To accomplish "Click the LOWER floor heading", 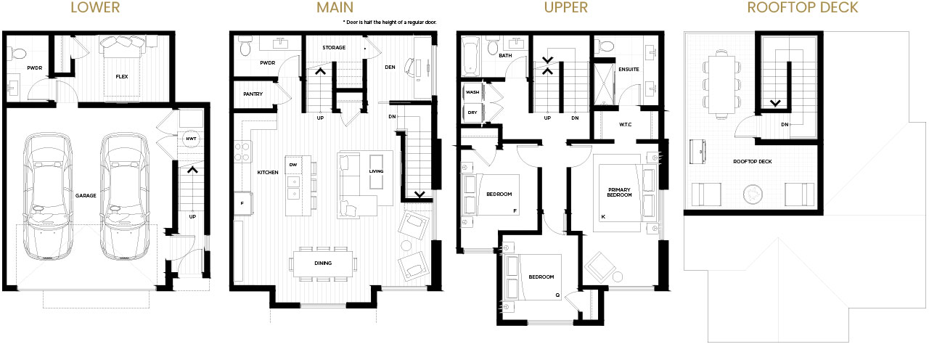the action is tap(95, 7).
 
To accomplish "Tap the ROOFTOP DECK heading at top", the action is tap(803, 7).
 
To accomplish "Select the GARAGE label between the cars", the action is tap(86, 196).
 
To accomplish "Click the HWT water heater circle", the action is tap(191, 139).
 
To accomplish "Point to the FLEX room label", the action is tap(122, 77).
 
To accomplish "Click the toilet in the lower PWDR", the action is tap(18, 53).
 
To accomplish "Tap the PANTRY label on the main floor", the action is tap(253, 94).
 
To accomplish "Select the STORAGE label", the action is tap(334, 48).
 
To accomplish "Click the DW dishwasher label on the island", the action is tap(293, 165).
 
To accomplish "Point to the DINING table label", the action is tap(323, 263).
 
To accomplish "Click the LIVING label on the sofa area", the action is tap(376, 171).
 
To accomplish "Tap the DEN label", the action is tap(390, 67).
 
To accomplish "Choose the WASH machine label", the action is tap(472, 92).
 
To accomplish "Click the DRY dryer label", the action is tap(472, 112).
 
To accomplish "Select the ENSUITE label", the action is tap(629, 69).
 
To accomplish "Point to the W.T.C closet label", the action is tap(626, 124).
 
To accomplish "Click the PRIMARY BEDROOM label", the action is tap(619, 192).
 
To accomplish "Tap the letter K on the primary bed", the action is tap(603, 216).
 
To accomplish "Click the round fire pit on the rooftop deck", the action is tap(753, 194).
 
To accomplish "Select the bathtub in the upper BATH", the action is tap(470, 57).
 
